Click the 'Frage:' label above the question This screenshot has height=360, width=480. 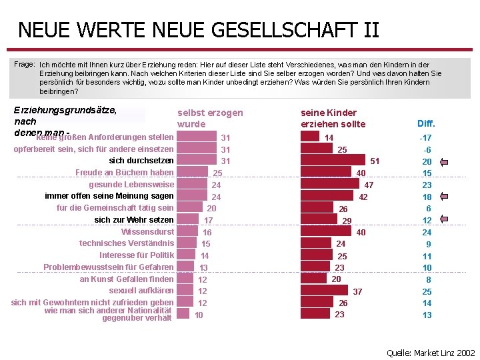(x=25, y=64)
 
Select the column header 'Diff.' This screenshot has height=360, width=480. (x=426, y=123)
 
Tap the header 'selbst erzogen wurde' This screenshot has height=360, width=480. (x=210, y=119)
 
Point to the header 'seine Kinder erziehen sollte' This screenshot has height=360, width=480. (x=333, y=119)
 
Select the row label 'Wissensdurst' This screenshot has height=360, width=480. (x=147, y=232)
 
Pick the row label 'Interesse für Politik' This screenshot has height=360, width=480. (x=137, y=255)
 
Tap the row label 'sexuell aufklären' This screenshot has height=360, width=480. (x=141, y=291)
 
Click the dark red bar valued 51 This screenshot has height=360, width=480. (x=333, y=161)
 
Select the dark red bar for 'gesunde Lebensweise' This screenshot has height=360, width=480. (x=330, y=185)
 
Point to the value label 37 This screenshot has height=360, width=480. (x=357, y=291)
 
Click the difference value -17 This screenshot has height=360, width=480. (x=425, y=137)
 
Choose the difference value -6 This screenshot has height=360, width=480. (x=427, y=150)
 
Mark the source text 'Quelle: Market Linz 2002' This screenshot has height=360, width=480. (x=431, y=353)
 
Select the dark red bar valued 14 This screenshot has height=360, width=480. (x=310, y=137)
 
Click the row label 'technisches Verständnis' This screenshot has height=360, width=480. (x=127, y=243)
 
